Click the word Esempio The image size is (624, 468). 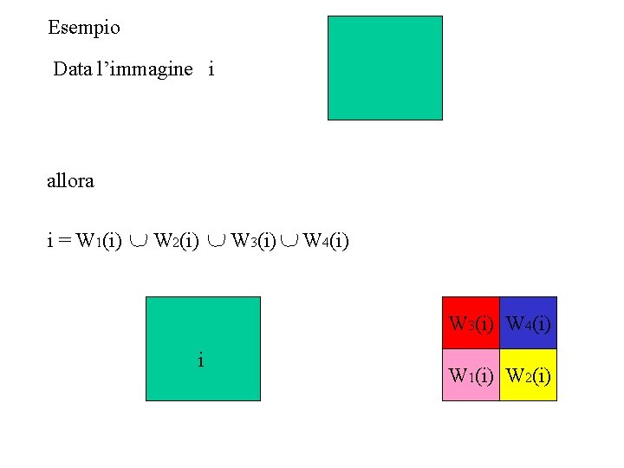pos(84,28)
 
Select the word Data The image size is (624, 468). pos(72,69)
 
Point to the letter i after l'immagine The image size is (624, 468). pos(211,69)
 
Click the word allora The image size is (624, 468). pos(70,181)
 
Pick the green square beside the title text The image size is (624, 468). pos(385,68)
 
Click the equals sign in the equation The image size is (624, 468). pos(65,240)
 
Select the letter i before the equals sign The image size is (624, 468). pos(49,240)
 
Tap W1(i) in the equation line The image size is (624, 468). pos(99,240)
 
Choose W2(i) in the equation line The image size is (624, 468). pos(177,240)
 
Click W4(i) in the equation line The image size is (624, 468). pos(326,240)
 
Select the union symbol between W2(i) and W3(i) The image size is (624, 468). pos(216,241)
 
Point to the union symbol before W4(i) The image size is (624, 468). pos(289,241)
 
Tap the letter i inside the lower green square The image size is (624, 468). pos(201,360)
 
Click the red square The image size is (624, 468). pos(471,322)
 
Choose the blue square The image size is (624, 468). pos(529,322)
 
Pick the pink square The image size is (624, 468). pos(471,375)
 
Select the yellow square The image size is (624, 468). pos(529,375)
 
